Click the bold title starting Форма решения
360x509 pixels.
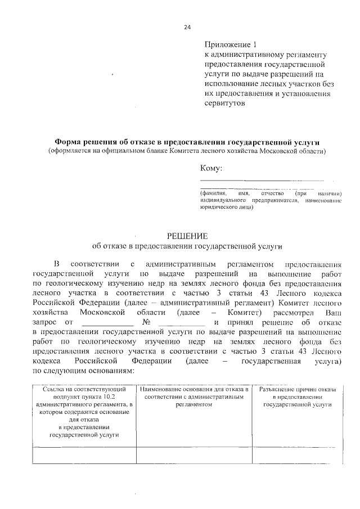(x=186, y=142)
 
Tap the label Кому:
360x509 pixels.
(x=211, y=168)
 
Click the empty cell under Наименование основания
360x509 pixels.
(x=196, y=454)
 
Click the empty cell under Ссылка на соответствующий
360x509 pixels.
(x=83, y=454)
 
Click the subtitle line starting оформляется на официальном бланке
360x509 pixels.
(x=186, y=152)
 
